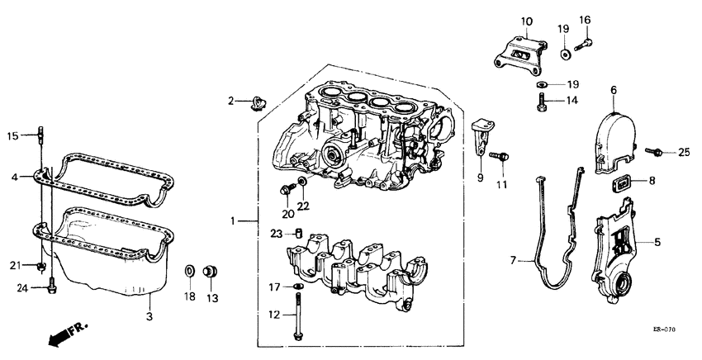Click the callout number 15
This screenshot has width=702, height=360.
coord(12,136)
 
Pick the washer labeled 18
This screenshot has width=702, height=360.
coord(188,270)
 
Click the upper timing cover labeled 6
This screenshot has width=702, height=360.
coord(619,132)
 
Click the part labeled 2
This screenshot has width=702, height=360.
coord(259,102)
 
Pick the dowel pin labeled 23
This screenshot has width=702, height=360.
coord(301,233)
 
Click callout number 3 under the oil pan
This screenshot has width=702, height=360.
coord(149,315)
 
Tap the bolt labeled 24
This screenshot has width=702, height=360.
coord(51,286)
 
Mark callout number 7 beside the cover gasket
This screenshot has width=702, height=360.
coord(513,260)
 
